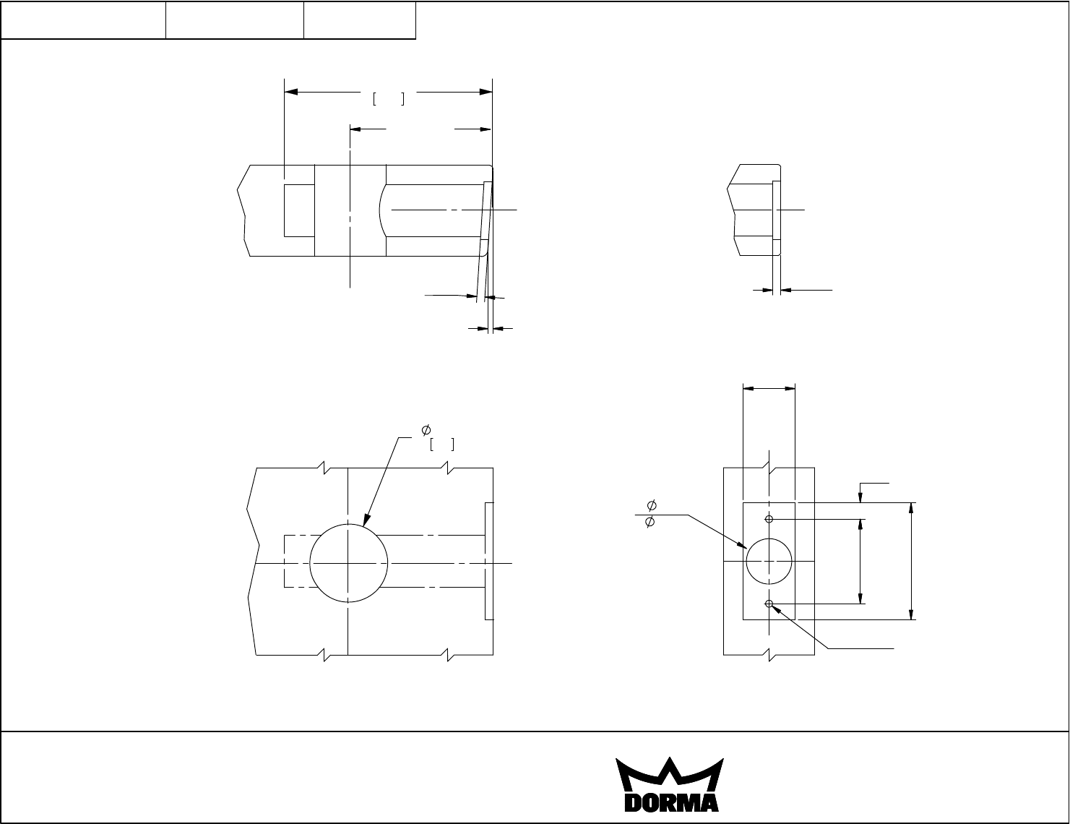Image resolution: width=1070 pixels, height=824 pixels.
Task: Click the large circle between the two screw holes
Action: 769,561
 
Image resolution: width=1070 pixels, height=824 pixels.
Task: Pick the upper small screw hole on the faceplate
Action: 769,519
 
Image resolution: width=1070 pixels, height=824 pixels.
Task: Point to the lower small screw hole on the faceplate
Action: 769,604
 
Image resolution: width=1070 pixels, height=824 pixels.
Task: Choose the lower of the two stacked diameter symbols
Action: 650,521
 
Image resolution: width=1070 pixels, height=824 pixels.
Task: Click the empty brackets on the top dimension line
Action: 388,99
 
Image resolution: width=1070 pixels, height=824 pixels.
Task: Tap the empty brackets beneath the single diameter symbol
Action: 442,445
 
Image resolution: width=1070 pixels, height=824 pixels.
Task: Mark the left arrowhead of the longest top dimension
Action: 291,92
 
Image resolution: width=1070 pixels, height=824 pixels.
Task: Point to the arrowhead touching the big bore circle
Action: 366,520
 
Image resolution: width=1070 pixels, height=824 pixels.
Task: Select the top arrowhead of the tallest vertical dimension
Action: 912,508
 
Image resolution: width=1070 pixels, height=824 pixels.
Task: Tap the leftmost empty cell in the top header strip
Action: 83,20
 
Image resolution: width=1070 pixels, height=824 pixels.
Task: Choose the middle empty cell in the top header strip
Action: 235,20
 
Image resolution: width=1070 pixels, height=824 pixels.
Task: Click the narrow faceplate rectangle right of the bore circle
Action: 489,561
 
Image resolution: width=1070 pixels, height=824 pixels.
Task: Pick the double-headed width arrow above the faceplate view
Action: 769,389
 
